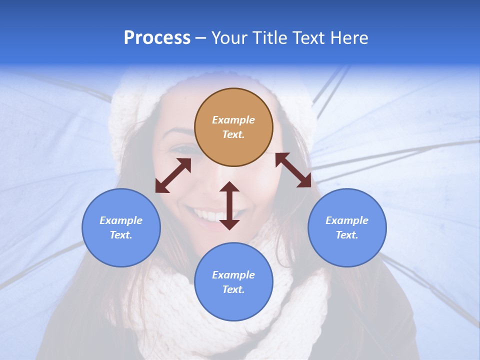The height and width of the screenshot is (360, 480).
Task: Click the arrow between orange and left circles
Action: click(173, 175)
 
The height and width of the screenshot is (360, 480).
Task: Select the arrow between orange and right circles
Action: click(293, 170)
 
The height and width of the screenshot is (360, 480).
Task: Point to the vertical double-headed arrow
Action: click(229, 205)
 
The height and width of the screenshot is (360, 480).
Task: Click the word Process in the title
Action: click(157, 38)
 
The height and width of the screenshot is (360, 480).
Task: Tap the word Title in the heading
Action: click(269, 38)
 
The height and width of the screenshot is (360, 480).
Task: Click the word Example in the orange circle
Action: click(233, 120)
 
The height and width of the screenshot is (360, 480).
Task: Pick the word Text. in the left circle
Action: click(121, 235)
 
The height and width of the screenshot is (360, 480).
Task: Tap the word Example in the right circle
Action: click(347, 220)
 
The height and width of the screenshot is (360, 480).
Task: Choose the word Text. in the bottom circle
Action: click(233, 289)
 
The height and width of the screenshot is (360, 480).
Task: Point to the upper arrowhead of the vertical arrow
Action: click(229, 187)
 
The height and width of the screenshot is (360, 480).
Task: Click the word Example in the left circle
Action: click(121, 220)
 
